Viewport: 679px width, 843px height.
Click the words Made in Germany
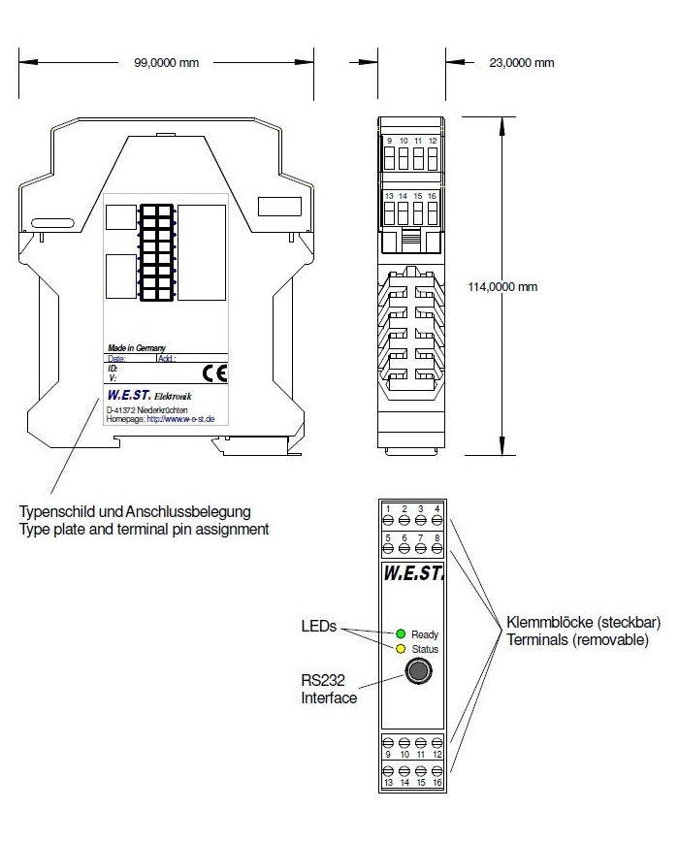pyautogui.click(x=135, y=347)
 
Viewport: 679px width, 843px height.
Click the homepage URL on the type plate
pyautogui.click(x=161, y=419)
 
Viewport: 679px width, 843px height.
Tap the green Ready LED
pyautogui.click(x=399, y=633)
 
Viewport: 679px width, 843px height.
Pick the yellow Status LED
pyautogui.click(x=399, y=648)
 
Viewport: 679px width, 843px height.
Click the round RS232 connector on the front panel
pyautogui.click(x=418, y=670)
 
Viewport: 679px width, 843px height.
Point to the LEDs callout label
pyautogui.click(x=318, y=627)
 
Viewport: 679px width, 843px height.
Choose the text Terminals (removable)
pyautogui.click(x=570, y=640)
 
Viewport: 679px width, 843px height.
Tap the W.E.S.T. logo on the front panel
pyautogui.click(x=413, y=573)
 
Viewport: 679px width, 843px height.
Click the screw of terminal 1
pyautogui.click(x=388, y=521)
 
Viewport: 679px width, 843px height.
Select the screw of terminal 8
pyautogui.click(x=437, y=549)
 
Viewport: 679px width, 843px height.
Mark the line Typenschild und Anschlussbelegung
pyautogui.click(x=136, y=511)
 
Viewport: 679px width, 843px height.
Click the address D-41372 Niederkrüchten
pyautogui.click(x=147, y=410)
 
